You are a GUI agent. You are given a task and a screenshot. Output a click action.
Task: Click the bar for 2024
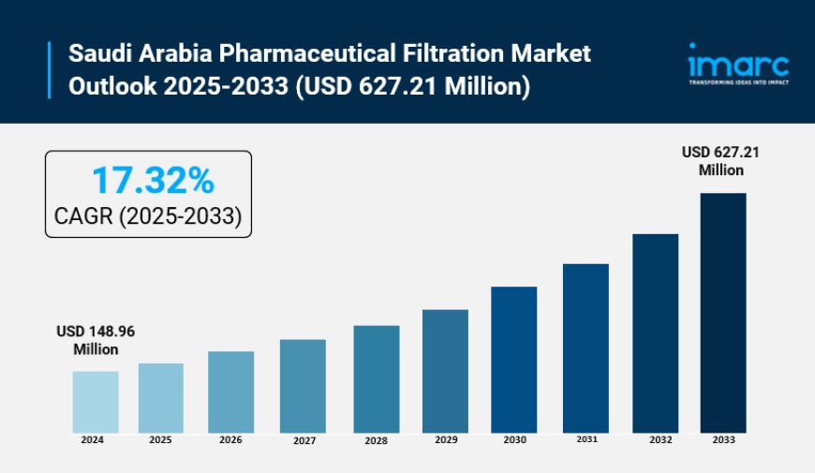96,402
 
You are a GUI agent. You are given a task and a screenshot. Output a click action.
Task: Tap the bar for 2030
513,360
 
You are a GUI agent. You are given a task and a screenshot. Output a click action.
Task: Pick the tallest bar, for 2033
722,313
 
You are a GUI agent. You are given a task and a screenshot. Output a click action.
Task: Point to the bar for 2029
445,371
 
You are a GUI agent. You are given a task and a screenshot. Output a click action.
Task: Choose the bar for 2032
655,333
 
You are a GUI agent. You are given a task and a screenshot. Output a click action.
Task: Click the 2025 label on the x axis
160,439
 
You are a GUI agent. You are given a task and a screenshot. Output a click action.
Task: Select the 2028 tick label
376,440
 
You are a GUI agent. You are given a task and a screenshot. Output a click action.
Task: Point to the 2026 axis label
231,440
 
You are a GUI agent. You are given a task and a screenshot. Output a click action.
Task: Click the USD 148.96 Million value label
96,340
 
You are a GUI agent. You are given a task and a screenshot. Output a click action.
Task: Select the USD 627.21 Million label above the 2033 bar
720,161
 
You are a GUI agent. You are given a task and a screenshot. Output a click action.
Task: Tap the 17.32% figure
152,179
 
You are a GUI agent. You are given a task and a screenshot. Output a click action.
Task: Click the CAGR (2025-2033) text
148,218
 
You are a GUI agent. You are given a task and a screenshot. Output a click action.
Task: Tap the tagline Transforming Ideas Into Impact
739,82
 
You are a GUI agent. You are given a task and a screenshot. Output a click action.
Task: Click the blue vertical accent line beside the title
50,70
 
